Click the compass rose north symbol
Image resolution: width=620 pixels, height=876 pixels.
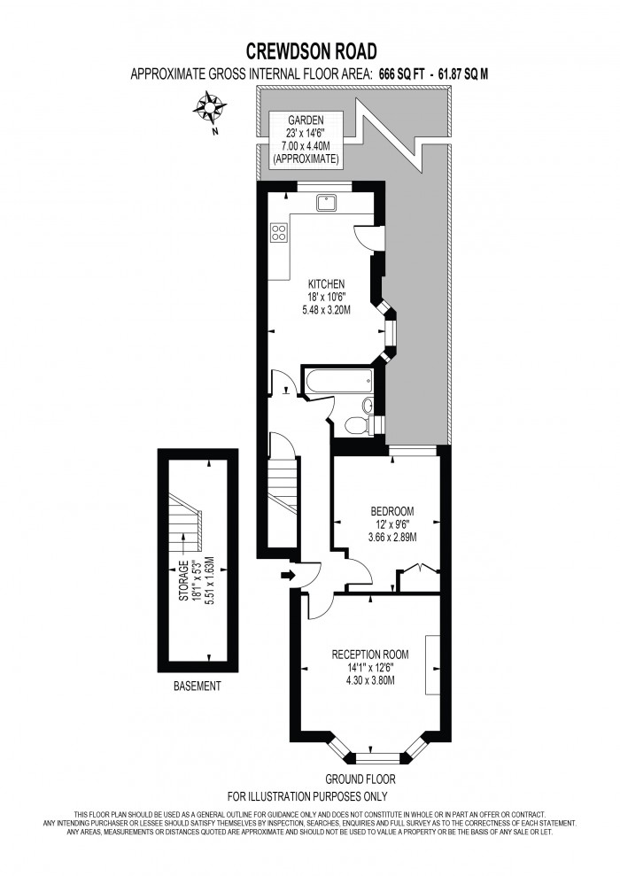coord(210,112)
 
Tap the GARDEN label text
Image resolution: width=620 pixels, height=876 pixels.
coord(305,120)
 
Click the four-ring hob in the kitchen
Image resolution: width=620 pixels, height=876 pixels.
coord(278,233)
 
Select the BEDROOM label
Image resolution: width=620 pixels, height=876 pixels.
coord(392,511)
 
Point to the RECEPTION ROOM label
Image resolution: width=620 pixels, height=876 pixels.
coord(370,655)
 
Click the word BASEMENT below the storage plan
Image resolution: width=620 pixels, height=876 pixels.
coord(197,686)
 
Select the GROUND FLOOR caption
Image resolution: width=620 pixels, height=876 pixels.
coord(360,779)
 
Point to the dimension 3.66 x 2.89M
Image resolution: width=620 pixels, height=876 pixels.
coord(392,537)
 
